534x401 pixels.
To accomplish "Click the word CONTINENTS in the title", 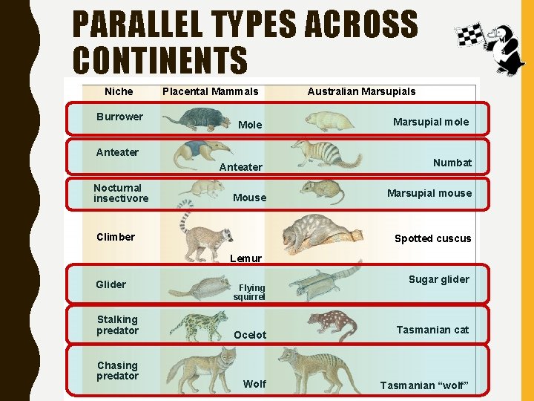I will [x=160, y=59].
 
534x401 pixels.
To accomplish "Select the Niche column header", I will [x=119, y=91].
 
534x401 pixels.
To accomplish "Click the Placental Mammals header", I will [x=210, y=91].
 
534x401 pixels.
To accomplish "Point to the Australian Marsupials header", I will [x=361, y=91].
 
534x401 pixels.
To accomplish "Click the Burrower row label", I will [x=119, y=117].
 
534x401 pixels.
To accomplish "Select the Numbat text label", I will [x=452, y=163].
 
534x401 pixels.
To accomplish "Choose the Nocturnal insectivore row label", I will [x=120, y=193].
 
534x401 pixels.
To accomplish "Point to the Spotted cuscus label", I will [x=432, y=238].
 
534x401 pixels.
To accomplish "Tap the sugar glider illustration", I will [x=323, y=281].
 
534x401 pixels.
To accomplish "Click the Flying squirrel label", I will [x=251, y=292].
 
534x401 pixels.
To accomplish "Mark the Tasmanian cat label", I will [x=432, y=330].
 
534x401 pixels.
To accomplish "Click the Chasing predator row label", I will [x=117, y=371].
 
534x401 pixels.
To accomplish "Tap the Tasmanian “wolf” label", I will [x=425, y=385].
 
